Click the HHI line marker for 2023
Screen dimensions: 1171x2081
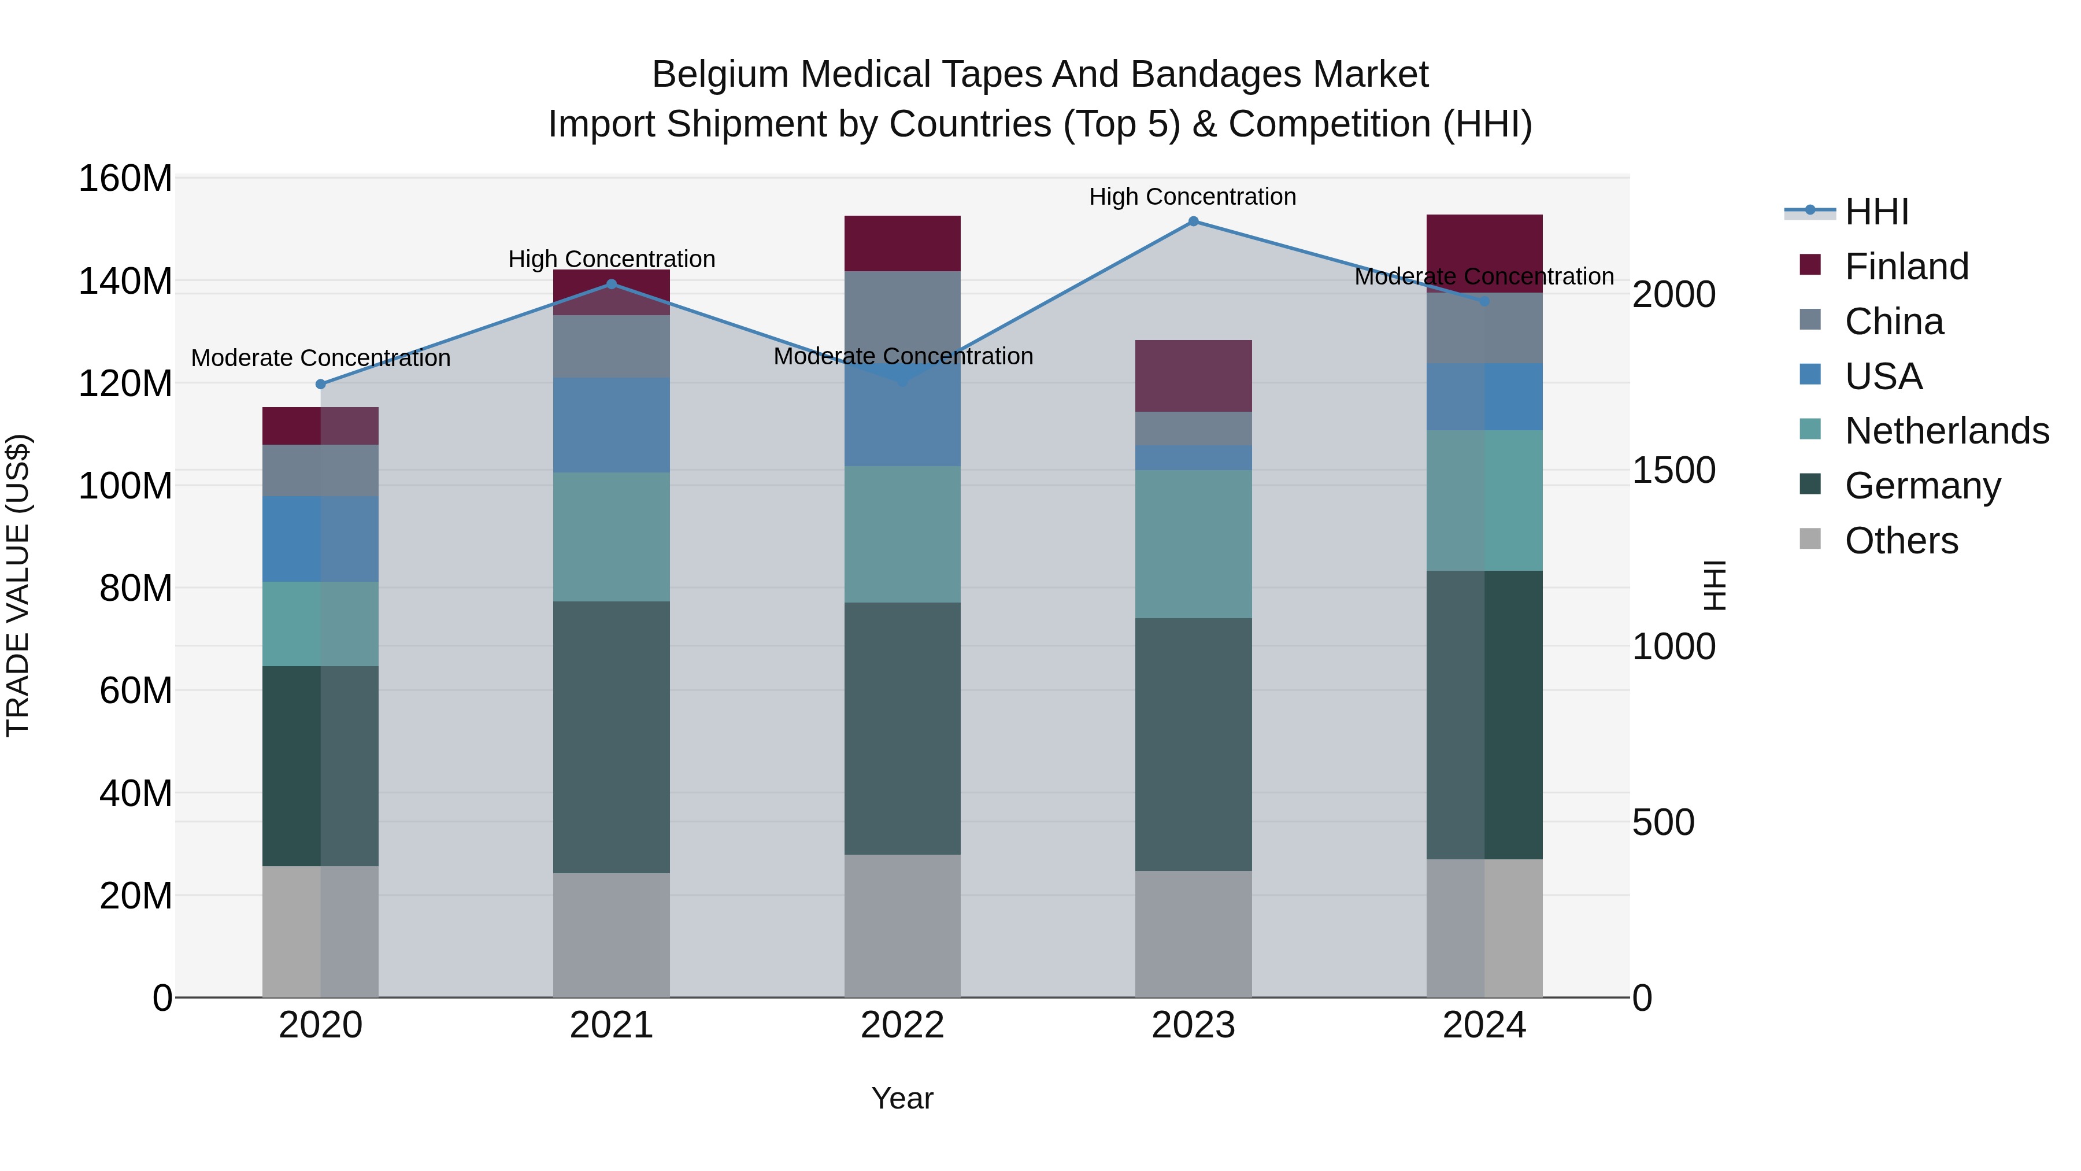[x=1193, y=221]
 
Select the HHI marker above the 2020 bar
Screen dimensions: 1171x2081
[x=321, y=384]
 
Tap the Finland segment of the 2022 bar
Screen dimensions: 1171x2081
[x=902, y=243]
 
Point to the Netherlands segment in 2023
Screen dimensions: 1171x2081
[x=1193, y=544]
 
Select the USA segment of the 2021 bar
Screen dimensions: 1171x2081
[x=612, y=424]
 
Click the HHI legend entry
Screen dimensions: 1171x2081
[x=1876, y=212]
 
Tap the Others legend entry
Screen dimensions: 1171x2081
[x=1900, y=541]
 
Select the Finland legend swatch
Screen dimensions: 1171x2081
[x=1810, y=265]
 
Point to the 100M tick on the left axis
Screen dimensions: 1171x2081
[x=125, y=486]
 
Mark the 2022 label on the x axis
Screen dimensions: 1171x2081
[x=902, y=1025]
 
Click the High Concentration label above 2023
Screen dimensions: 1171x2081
[x=1193, y=197]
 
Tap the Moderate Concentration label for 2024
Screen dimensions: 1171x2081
[x=1484, y=276]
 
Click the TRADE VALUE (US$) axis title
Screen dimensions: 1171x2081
[x=18, y=585]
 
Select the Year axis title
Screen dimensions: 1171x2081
[x=902, y=1098]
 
